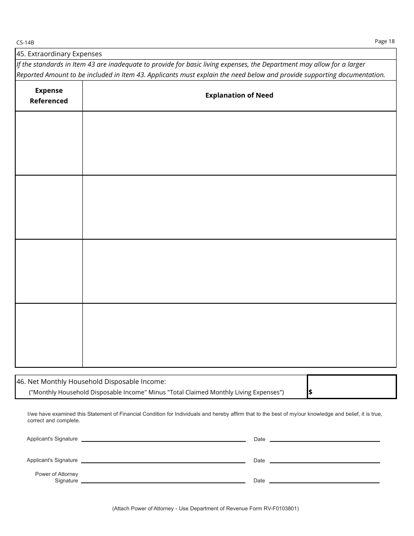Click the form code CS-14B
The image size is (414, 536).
[x=25, y=43]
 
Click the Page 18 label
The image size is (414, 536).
[x=384, y=41]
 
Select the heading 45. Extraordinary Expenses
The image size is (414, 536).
[x=59, y=54]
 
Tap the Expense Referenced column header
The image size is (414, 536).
[x=49, y=96]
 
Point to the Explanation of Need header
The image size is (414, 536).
[x=239, y=95]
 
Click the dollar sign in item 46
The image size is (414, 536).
[x=310, y=392]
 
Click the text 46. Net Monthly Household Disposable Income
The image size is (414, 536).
[x=91, y=381]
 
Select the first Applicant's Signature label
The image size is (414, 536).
[x=52, y=439]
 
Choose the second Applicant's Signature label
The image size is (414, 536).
[x=52, y=460]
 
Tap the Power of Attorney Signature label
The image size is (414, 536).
[x=57, y=477]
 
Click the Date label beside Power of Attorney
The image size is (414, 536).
[x=259, y=481]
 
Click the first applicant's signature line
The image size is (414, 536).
[x=163, y=441]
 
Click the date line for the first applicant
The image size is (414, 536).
[x=325, y=441]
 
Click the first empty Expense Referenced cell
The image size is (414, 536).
[x=49, y=143]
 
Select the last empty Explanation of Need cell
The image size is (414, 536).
[x=239, y=335]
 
